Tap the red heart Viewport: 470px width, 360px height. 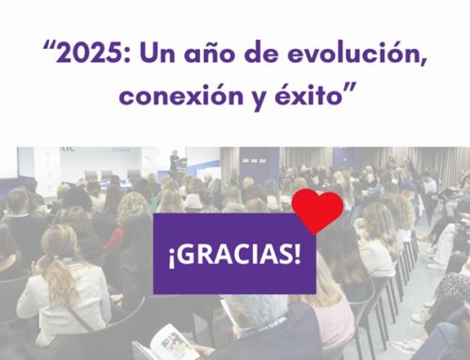click(317, 210)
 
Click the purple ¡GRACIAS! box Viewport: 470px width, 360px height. click(234, 255)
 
